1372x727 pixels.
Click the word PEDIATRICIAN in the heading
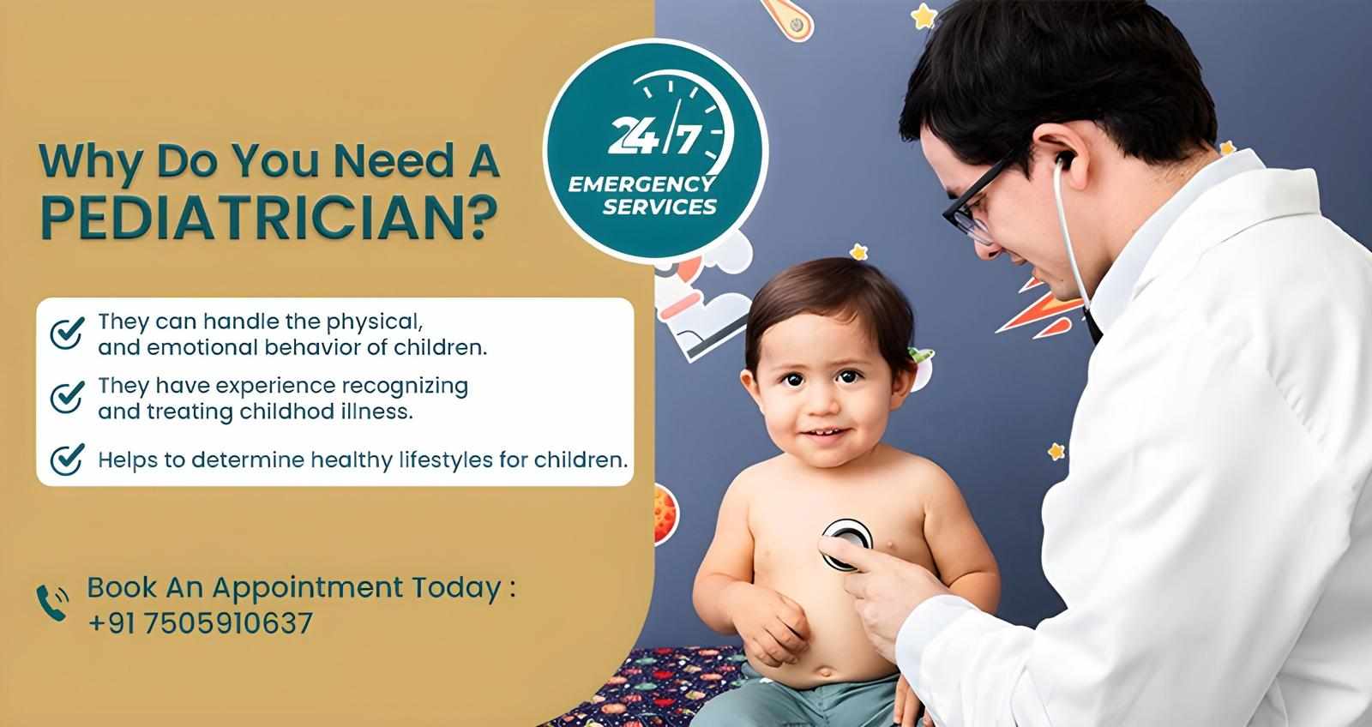[x=268, y=218]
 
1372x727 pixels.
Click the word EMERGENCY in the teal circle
[x=641, y=183]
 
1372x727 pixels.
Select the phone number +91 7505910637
[x=200, y=623]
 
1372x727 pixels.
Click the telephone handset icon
[x=52, y=603]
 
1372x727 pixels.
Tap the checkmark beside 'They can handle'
[x=67, y=333]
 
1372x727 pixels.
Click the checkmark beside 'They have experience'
[x=67, y=396]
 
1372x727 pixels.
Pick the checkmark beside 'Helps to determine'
[x=67, y=460]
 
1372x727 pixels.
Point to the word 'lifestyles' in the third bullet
[x=444, y=460]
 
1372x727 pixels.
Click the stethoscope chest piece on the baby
[x=846, y=542]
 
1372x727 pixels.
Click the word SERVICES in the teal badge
[x=659, y=207]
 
